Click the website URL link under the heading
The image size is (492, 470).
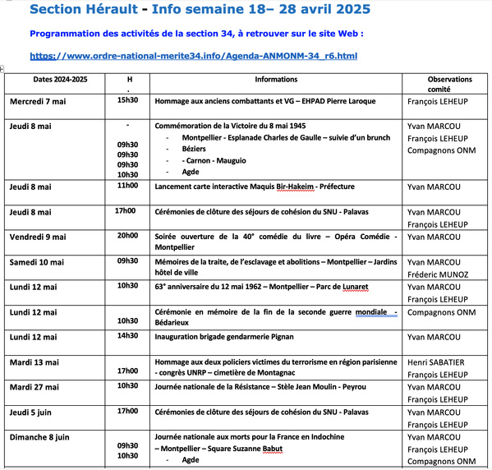(x=193, y=56)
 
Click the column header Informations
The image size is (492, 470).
(x=276, y=80)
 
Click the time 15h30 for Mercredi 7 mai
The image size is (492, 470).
(x=127, y=100)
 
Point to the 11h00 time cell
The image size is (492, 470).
(x=127, y=186)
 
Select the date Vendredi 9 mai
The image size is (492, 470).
(x=38, y=237)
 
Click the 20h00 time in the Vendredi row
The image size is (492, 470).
(x=127, y=236)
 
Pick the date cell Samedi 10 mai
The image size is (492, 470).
(x=37, y=262)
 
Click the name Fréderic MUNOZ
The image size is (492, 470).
(x=438, y=274)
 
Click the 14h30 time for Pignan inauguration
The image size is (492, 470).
(x=127, y=336)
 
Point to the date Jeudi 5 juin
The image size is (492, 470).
(x=33, y=411)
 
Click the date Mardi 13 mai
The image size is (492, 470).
(x=34, y=362)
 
